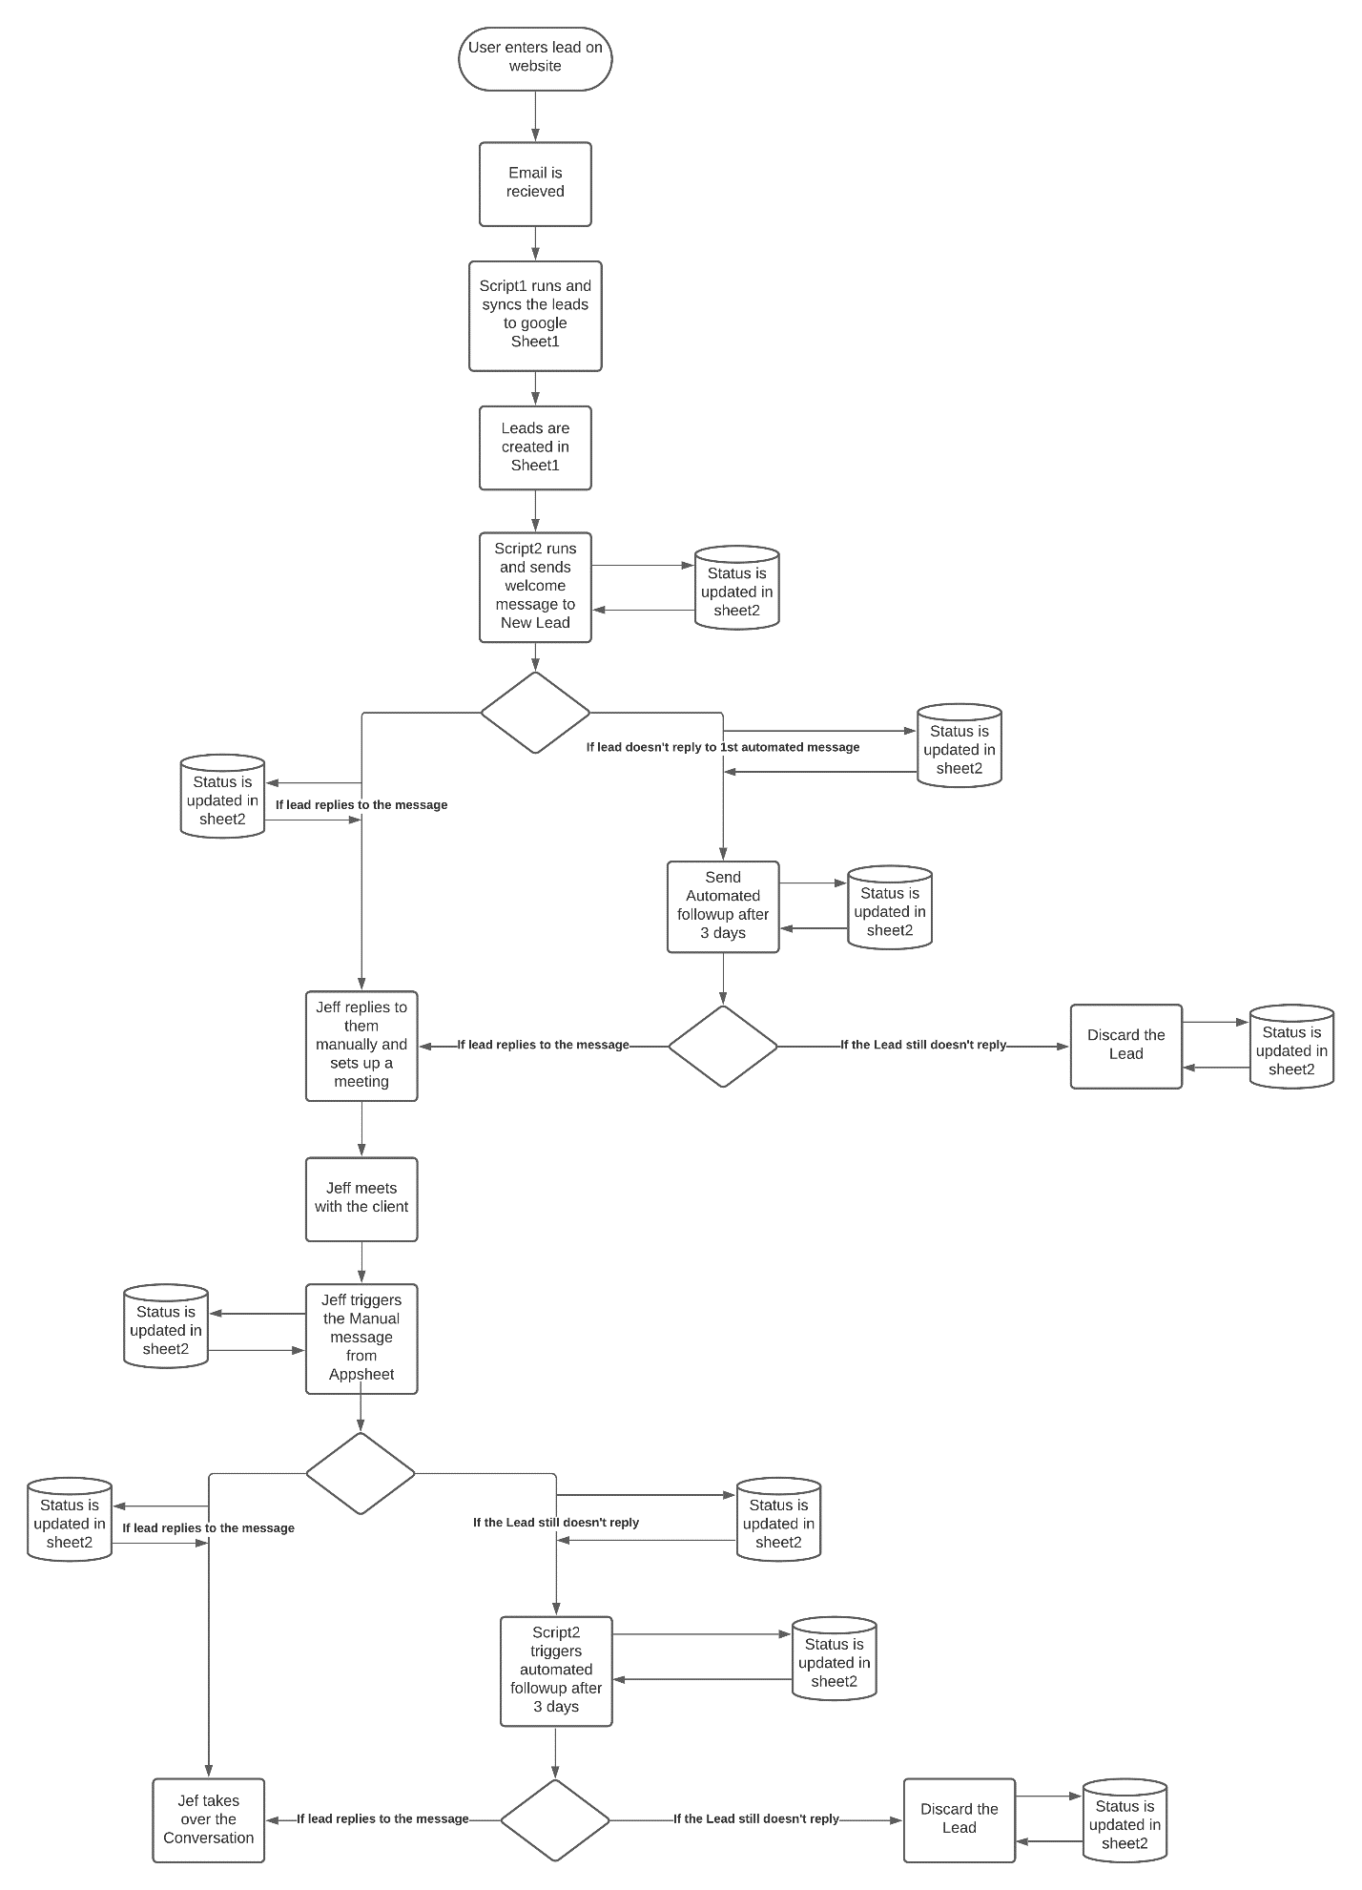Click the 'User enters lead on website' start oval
click(x=535, y=58)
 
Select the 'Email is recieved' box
click(x=535, y=184)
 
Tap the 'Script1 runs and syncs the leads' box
click(x=535, y=316)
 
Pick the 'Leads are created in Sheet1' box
click(x=535, y=448)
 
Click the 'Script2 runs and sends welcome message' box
click(x=535, y=587)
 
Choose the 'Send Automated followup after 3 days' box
click(x=723, y=906)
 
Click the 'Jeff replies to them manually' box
click(x=361, y=1046)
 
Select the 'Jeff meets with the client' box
click(x=361, y=1199)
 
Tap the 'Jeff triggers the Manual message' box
click(x=361, y=1339)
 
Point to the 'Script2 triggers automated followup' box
click(x=556, y=1671)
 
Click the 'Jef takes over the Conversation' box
click(x=208, y=1819)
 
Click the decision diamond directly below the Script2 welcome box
click(x=535, y=713)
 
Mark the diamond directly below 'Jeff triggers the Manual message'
click(x=361, y=1473)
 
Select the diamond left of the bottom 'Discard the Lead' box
click(x=555, y=1819)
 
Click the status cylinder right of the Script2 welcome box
click(x=736, y=588)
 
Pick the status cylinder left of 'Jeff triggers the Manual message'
click(x=166, y=1326)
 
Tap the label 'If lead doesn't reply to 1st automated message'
click(x=723, y=747)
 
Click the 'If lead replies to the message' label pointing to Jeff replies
click(x=543, y=1045)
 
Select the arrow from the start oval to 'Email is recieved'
click(x=535, y=116)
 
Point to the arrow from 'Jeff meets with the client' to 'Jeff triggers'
click(x=361, y=1262)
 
